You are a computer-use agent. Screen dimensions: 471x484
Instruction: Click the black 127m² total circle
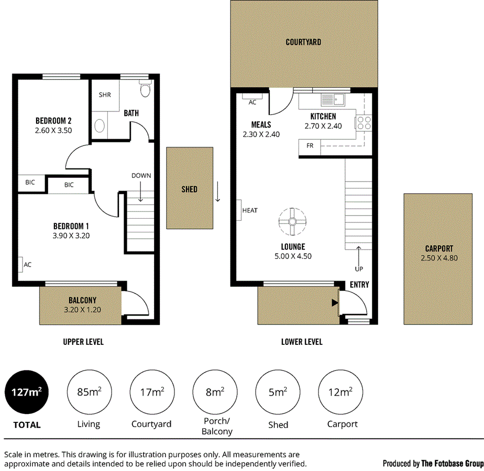(x=27, y=391)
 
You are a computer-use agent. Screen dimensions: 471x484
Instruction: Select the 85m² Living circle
(x=89, y=391)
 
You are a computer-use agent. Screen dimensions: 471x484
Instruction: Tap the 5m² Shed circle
(x=278, y=391)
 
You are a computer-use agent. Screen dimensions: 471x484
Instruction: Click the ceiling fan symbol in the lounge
(x=292, y=221)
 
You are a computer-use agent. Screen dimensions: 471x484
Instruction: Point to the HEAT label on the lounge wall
(x=250, y=210)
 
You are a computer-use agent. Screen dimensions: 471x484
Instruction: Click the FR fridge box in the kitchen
(x=310, y=146)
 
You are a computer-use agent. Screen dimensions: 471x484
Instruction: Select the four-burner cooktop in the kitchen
(x=365, y=122)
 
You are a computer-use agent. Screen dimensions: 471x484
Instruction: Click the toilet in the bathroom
(x=145, y=89)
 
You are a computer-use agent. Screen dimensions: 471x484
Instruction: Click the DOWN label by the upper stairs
(x=141, y=176)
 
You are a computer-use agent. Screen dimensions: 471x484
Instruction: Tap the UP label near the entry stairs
(x=359, y=269)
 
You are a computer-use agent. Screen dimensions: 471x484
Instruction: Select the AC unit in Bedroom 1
(x=20, y=265)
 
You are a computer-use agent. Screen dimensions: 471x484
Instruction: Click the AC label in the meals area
(x=252, y=103)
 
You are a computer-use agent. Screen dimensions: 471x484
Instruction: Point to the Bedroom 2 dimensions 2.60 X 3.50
(x=53, y=130)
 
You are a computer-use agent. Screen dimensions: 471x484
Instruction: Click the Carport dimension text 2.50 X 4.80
(x=439, y=258)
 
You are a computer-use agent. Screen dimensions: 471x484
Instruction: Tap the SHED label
(x=189, y=189)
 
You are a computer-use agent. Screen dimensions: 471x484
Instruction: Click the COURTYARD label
(x=303, y=42)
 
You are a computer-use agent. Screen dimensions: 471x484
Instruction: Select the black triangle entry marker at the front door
(x=334, y=302)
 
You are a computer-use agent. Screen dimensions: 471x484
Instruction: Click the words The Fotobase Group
(x=453, y=463)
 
